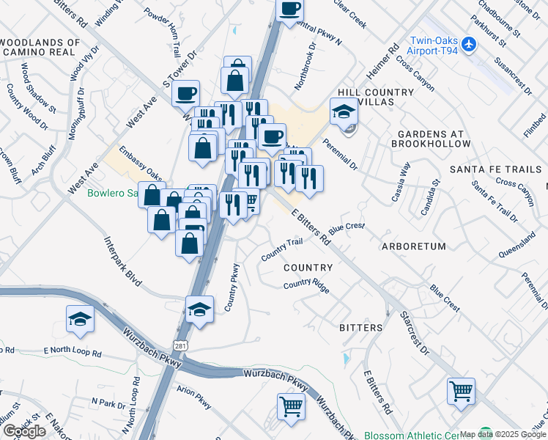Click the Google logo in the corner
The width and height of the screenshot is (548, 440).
point(25,430)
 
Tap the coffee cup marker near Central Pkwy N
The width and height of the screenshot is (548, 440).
point(289,10)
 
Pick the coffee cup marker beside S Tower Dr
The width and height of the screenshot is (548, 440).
point(185,94)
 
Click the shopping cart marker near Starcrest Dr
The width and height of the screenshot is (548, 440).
point(461,392)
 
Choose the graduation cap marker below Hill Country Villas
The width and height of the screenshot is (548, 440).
point(343,112)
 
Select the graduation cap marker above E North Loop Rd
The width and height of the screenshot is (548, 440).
point(80,319)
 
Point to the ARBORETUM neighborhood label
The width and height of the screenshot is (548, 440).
point(413,246)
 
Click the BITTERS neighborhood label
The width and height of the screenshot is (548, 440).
point(360,327)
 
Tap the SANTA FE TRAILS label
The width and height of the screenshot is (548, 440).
point(495,169)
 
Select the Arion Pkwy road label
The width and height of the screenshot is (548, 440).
point(194,398)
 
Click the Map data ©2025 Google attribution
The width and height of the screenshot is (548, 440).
point(503,434)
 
